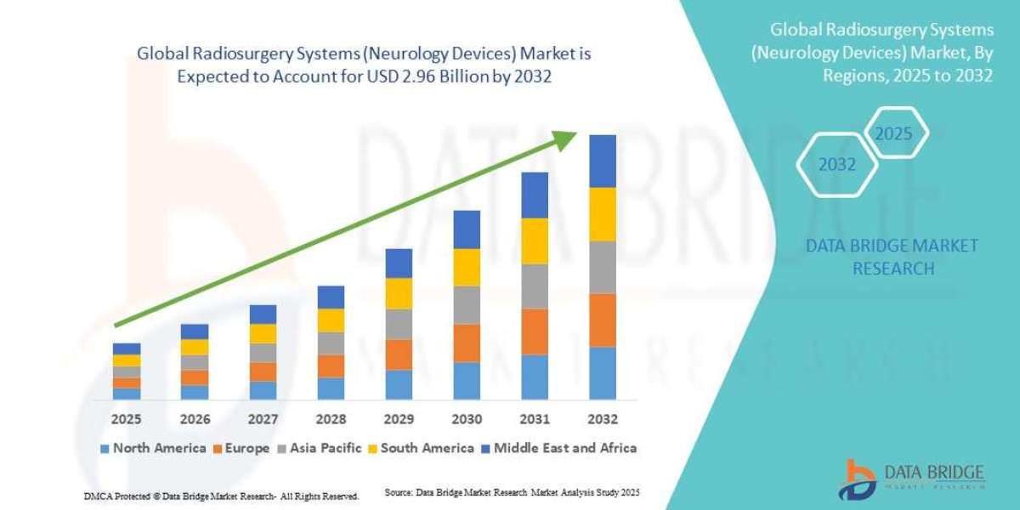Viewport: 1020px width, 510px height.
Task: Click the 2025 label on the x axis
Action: [x=127, y=420]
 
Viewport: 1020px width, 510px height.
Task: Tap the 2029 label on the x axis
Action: [x=399, y=420]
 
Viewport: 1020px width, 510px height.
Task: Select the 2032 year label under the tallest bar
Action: [x=602, y=420]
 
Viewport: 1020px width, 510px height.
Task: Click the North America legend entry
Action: [x=153, y=448]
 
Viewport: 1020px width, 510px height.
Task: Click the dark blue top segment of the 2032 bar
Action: [x=602, y=161]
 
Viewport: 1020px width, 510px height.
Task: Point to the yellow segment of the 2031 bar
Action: [x=535, y=241]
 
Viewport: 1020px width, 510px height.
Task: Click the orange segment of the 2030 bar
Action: [x=467, y=343]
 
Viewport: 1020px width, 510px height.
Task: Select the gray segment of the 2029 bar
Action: [x=399, y=324]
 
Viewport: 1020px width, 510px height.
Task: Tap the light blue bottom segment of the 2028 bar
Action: [x=331, y=388]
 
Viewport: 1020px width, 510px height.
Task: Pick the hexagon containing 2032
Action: [x=836, y=165]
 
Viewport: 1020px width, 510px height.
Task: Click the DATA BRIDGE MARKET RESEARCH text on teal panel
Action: [x=892, y=257]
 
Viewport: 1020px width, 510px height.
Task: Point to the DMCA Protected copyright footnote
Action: [x=221, y=496]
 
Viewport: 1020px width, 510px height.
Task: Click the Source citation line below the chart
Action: [x=512, y=493]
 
